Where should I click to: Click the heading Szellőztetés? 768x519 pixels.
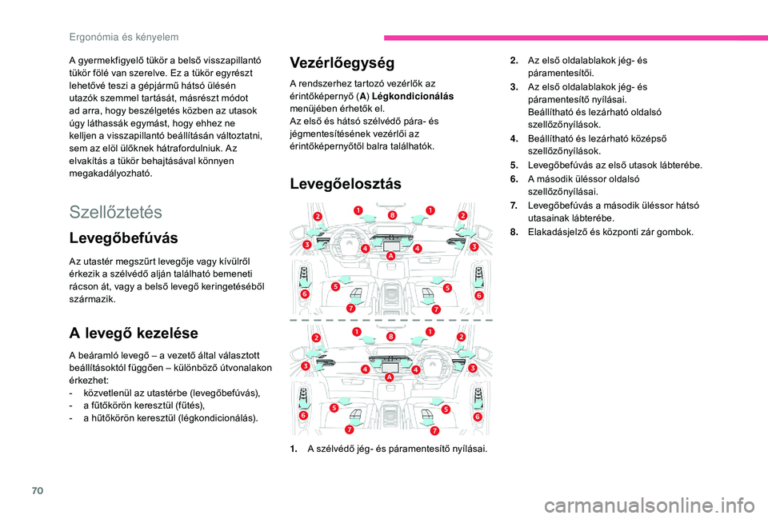click(x=116, y=212)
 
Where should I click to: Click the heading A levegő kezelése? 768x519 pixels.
click(x=134, y=332)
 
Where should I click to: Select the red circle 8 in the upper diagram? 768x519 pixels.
click(x=393, y=215)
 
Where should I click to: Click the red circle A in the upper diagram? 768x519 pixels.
click(x=391, y=256)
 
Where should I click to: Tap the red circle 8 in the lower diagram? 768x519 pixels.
click(x=391, y=337)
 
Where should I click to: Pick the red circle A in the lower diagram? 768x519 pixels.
click(x=390, y=376)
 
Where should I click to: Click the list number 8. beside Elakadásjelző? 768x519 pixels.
click(x=514, y=233)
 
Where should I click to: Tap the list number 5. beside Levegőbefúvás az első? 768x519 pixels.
click(x=514, y=166)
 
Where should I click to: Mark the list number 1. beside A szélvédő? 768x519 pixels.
click(x=295, y=449)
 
